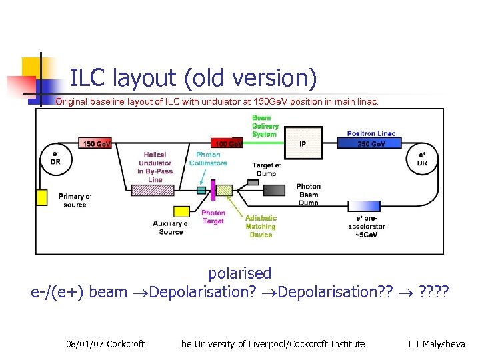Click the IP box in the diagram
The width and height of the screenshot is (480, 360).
pos(303,143)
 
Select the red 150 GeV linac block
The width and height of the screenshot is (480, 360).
pos(96,143)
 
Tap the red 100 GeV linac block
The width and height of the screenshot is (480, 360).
pos(227,143)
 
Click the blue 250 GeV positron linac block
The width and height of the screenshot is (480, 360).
pos(371,143)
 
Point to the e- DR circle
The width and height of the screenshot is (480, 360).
pos(55,158)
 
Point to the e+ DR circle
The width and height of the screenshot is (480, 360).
pos(421,158)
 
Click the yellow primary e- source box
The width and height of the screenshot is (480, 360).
pos(42,198)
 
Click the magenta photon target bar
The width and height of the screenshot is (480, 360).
pos(213,189)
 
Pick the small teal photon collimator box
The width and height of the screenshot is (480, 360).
pos(201,190)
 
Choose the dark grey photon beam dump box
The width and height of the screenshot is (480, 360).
pos(273,190)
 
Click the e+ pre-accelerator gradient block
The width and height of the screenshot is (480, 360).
pos(365,207)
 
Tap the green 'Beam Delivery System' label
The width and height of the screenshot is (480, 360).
pos(265,126)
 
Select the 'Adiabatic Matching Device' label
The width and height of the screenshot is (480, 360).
pos(261,226)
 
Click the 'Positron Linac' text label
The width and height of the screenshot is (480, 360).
pos(371,133)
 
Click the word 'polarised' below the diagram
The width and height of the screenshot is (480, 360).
pos(240,273)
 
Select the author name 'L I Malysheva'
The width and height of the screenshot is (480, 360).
pos(437,344)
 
